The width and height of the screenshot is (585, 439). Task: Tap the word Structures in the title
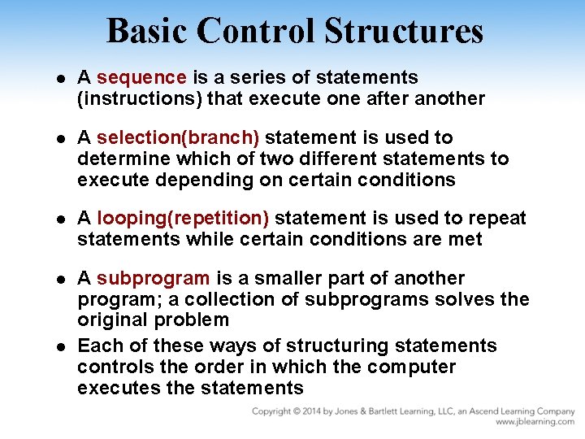[x=403, y=31]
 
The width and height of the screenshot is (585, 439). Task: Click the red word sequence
[x=141, y=78]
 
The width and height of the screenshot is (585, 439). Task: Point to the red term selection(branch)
[x=178, y=137]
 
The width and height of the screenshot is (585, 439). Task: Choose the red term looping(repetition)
[x=183, y=219]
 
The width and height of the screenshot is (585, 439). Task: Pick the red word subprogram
[x=153, y=278]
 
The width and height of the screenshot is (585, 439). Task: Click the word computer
[x=411, y=367]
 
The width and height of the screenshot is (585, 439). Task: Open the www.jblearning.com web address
[x=535, y=423]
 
